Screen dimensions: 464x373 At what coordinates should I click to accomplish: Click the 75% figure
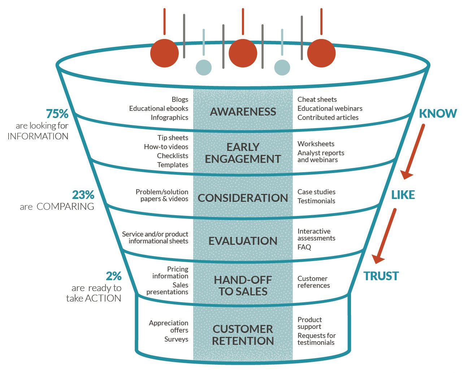click(57, 114)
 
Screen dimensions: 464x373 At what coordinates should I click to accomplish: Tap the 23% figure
click(83, 195)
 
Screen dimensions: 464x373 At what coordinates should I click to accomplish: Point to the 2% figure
click(114, 276)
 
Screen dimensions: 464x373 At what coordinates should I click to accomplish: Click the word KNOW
click(438, 113)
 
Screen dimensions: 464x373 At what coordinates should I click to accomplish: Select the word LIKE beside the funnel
click(403, 195)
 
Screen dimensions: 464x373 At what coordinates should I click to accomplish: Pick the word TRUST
click(381, 276)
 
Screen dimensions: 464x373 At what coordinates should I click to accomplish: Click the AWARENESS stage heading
click(243, 112)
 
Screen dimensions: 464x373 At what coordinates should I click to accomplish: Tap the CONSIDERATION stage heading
click(243, 198)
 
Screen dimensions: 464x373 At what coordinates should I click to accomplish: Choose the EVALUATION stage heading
click(243, 241)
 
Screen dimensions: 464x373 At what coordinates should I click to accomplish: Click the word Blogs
click(180, 99)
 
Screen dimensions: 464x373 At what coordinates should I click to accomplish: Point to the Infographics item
click(169, 117)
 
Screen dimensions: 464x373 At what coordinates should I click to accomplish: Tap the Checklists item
click(173, 156)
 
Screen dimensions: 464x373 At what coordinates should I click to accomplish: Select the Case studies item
click(316, 192)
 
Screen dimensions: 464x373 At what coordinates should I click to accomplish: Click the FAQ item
click(304, 247)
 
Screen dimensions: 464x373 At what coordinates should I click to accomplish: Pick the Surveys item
click(176, 339)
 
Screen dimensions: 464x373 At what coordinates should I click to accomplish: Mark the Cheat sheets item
click(317, 99)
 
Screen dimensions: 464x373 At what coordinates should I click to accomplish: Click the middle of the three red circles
click(243, 53)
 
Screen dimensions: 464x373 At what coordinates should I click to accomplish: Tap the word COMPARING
click(65, 207)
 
